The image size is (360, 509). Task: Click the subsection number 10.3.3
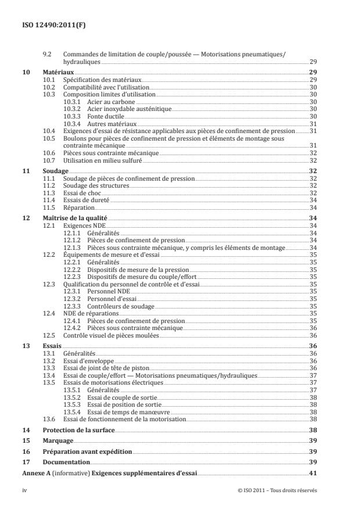73,116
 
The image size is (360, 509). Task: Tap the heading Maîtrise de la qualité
76,217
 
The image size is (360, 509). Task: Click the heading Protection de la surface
78,430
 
